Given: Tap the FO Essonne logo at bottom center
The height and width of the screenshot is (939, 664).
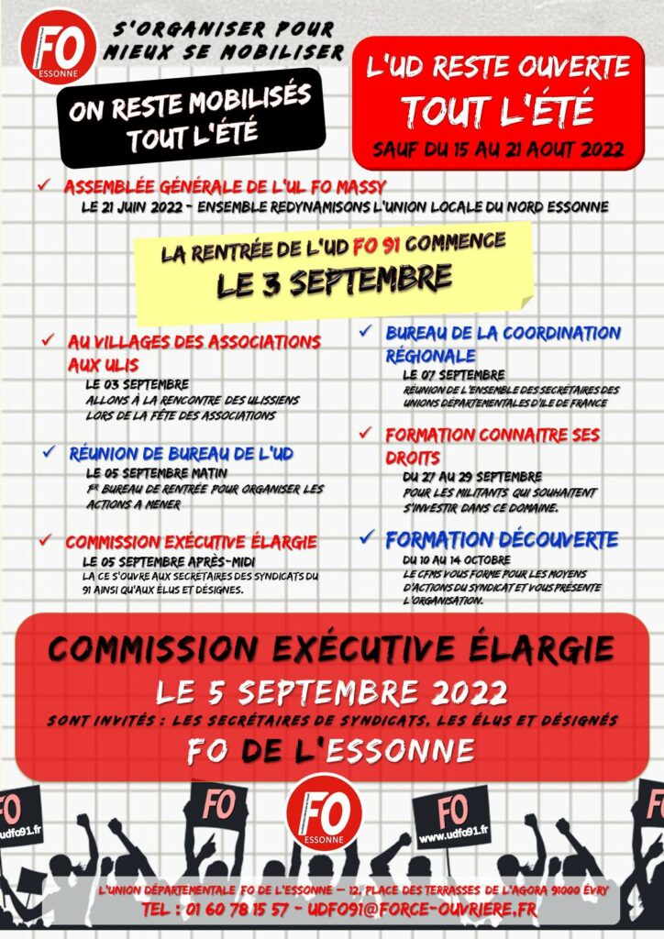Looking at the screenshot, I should click(324, 811).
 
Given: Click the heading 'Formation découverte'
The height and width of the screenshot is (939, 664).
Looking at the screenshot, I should click(502, 539).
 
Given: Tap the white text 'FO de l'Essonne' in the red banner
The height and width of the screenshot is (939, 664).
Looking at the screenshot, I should click(331, 751).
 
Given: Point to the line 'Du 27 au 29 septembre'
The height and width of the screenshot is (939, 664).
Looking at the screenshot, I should click(471, 477).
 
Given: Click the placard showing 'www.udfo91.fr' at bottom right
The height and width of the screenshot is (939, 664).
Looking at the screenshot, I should click(452, 818).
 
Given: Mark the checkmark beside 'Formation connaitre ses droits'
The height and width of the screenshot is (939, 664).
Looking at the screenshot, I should click(365, 433).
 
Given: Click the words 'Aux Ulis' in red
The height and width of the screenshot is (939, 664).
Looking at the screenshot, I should click(104, 362).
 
